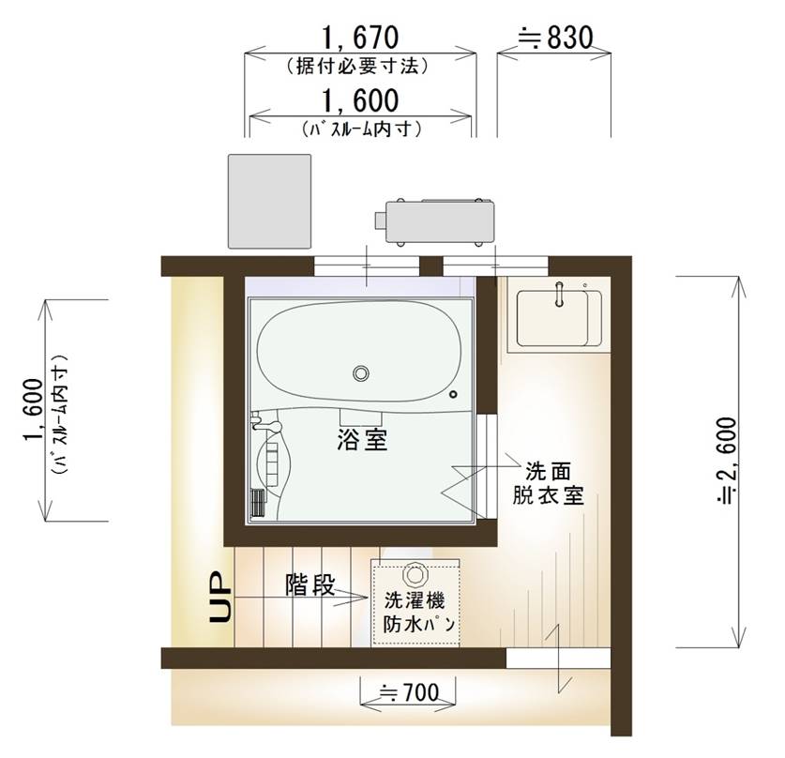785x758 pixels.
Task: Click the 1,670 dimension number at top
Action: coord(360,38)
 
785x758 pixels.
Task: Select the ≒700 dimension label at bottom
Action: coord(410,693)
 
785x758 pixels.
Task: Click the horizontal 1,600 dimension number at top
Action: coord(360,100)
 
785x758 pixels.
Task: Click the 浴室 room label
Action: coord(362,440)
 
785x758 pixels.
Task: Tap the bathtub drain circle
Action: coord(361,373)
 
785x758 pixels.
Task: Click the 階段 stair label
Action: coord(309,584)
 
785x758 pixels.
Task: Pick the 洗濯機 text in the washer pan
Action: coord(415,599)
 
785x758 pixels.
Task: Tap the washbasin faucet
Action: coord(560,294)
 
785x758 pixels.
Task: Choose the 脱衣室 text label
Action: coord(549,495)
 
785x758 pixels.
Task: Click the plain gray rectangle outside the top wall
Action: coord(269,202)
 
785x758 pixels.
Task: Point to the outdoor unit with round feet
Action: coord(434,221)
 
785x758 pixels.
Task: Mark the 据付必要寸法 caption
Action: coord(358,66)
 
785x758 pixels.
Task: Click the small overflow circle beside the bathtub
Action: coord(454,395)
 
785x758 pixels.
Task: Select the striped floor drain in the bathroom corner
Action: coord(257,502)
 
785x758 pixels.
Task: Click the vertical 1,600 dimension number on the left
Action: coord(33,410)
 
